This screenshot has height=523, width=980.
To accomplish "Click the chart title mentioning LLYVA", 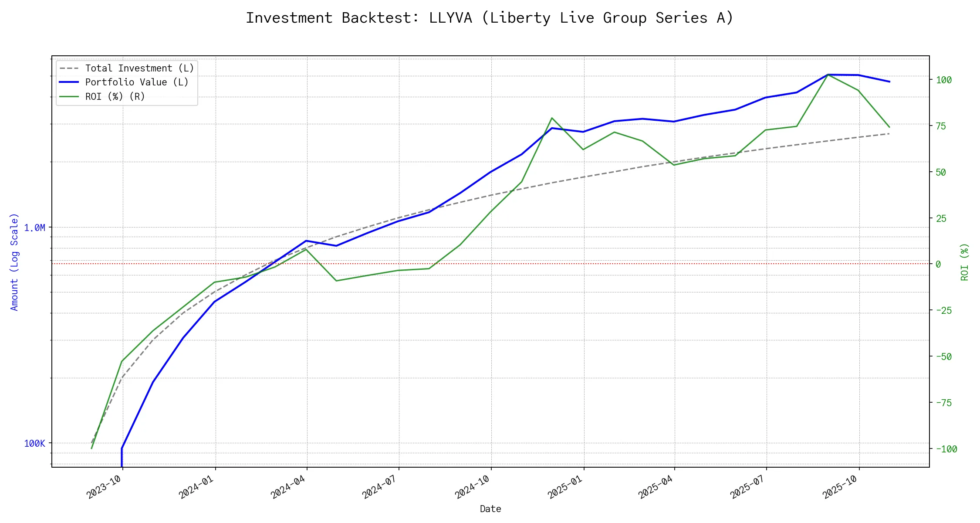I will (x=490, y=18).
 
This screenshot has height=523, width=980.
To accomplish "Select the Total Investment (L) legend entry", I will (x=139, y=68).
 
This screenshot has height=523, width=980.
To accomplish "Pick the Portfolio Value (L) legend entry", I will (x=137, y=82).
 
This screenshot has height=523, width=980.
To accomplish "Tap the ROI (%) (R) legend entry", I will (x=115, y=97).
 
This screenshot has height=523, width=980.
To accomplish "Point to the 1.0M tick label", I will (x=34, y=228).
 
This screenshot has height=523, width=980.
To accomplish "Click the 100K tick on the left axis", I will (x=34, y=444).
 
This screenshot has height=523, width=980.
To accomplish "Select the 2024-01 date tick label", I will (x=196, y=487).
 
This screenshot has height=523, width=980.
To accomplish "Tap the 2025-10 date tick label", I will (x=839, y=487).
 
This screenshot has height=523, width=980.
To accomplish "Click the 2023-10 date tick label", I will (x=103, y=487).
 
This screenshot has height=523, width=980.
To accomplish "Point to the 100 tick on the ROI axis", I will (x=944, y=80).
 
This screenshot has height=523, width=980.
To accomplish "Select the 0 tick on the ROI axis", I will (x=938, y=264).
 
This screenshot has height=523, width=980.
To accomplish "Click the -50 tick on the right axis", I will (x=944, y=357).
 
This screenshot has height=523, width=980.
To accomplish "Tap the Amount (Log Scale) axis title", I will (x=14, y=261).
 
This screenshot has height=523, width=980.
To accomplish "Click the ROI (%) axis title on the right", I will (x=964, y=261).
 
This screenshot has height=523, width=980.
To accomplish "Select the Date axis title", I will (x=490, y=509).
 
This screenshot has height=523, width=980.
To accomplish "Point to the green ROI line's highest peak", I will (x=828, y=75).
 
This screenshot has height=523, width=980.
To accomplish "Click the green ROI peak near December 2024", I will (x=552, y=118).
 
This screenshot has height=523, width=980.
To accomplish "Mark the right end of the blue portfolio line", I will (x=889, y=82).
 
